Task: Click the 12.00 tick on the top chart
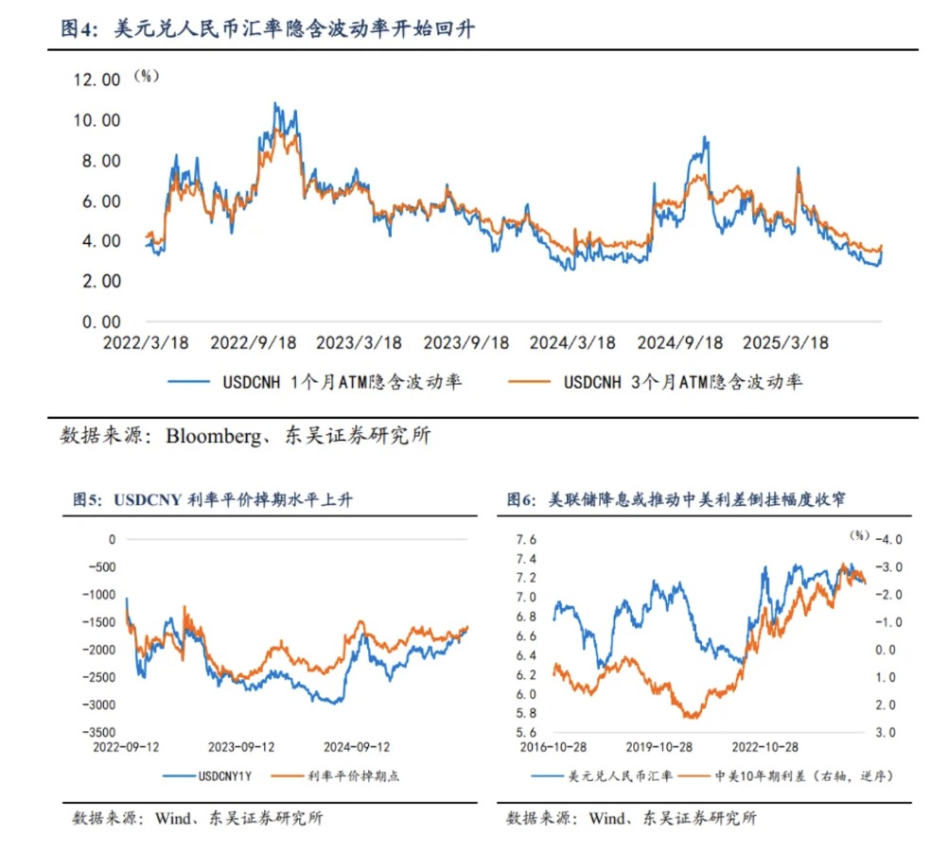point(97,80)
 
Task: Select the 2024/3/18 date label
point(572,342)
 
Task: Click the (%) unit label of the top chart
point(146,76)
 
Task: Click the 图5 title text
point(88,499)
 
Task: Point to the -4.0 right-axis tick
point(890,539)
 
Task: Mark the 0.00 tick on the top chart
point(100,322)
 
